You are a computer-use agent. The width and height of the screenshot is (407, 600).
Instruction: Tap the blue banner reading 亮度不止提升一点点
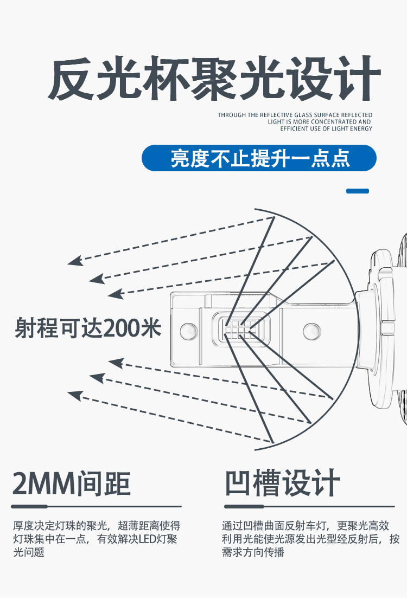(259, 158)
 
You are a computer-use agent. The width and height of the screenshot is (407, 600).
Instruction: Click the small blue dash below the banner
(357, 191)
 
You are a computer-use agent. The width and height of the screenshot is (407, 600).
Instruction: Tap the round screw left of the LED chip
(189, 330)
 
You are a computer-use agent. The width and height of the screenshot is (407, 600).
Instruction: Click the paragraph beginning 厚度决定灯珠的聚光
(96, 539)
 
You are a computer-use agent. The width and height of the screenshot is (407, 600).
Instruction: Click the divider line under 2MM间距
(96, 507)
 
